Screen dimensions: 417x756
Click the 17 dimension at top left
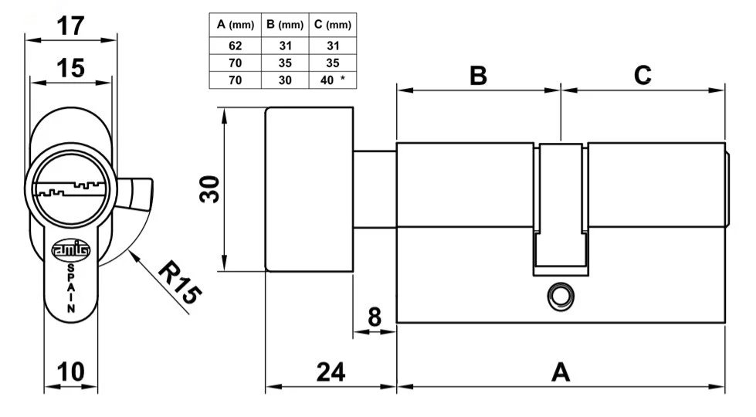tap(71, 26)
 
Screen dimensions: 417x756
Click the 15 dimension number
tap(70, 68)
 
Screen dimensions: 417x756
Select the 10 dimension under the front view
tap(71, 371)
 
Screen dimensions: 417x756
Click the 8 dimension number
tap(374, 317)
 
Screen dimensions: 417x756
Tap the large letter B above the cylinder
tap(478, 76)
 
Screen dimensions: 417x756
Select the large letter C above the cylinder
tap(642, 76)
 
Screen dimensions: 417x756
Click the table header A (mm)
tap(235, 25)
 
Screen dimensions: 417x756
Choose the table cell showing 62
tap(235, 46)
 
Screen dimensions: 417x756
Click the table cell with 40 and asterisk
tap(332, 80)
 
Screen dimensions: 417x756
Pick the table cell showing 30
tap(283, 80)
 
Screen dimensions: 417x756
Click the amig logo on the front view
tap(70, 249)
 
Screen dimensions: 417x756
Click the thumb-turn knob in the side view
tap(309, 189)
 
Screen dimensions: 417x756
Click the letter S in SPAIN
tap(71, 267)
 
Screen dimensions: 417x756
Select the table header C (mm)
tap(332, 25)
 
